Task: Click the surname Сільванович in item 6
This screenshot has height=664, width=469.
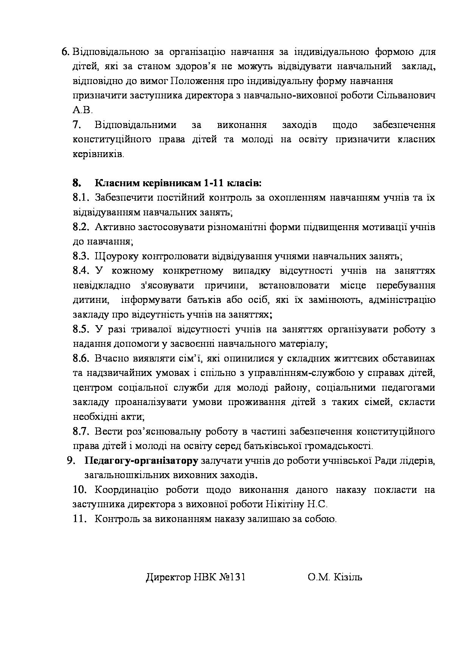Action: click(405, 95)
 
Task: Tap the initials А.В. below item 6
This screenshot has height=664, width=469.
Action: click(82, 110)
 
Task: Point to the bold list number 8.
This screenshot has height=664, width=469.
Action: click(77, 183)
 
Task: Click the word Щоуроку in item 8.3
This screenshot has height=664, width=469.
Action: click(116, 256)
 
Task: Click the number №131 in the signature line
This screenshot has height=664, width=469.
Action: click(232, 577)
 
